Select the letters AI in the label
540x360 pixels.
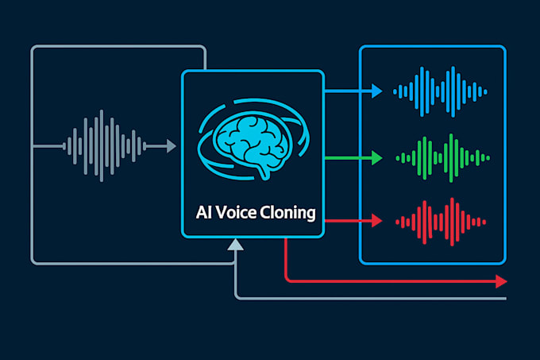[x=202, y=214]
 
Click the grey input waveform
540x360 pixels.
[x=104, y=145]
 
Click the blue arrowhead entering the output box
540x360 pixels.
[x=376, y=92]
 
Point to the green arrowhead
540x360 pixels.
[x=376, y=157]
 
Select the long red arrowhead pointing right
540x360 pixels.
[x=500, y=281]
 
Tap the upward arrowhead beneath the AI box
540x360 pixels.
[x=236, y=248]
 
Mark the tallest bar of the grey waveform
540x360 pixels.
[x=101, y=145]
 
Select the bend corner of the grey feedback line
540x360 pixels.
[x=237, y=296]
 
